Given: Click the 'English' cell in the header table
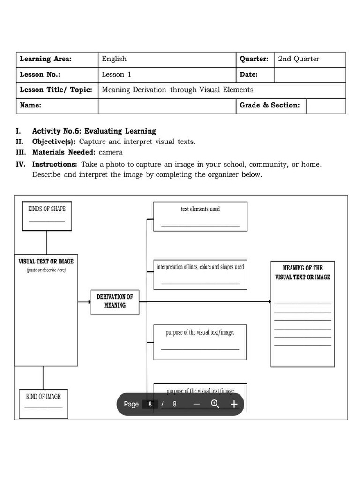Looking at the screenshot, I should (x=114, y=59).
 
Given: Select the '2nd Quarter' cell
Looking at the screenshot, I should (x=299, y=59).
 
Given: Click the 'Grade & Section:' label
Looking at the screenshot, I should (x=270, y=105).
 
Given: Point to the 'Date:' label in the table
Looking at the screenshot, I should (x=248, y=75).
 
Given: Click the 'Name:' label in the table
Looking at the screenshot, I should (x=30, y=105).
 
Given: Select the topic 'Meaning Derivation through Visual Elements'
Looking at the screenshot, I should (x=177, y=90).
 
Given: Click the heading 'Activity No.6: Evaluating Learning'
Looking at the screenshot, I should (x=94, y=131).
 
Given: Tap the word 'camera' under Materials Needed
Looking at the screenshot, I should (x=111, y=152).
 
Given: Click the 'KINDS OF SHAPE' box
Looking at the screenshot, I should (x=47, y=215).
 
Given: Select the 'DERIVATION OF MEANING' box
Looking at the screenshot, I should (x=115, y=301).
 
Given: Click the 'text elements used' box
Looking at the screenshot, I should (x=200, y=216).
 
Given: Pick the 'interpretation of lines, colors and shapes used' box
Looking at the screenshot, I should (x=200, y=274).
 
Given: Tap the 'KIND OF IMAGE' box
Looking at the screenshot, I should (x=43, y=403).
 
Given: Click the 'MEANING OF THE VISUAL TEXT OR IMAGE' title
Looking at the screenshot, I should (x=302, y=272).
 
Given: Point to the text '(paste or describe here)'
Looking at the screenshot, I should (x=46, y=270).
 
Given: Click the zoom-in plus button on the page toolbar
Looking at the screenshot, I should (x=234, y=404).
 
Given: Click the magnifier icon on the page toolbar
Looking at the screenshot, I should (x=215, y=404).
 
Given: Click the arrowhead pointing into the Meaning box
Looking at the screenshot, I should (x=270, y=302).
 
